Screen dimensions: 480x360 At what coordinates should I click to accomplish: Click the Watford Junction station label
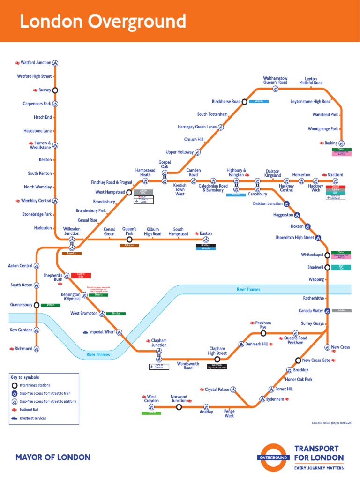36,62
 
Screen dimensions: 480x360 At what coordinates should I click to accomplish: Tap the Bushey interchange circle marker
55,90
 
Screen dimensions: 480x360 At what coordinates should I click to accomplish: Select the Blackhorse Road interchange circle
244,102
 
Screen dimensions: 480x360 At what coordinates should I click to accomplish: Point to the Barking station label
331,143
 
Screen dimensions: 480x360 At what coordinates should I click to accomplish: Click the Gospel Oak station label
165,165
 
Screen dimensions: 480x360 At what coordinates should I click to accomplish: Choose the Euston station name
206,233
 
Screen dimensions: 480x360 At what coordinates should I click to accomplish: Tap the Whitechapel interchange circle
327,255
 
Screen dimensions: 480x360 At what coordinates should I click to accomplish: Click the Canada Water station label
311,310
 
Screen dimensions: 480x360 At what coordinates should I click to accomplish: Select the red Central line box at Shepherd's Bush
81,275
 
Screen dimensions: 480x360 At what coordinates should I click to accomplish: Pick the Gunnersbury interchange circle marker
36,305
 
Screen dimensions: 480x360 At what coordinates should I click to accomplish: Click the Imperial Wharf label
102,332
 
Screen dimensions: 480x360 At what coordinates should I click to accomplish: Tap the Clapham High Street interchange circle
217,360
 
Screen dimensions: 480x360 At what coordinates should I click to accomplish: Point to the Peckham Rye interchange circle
263,333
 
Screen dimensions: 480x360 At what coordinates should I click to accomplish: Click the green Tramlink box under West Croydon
151,413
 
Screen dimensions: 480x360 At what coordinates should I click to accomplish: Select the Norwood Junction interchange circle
179,407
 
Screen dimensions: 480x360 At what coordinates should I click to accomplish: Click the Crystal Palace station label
217,390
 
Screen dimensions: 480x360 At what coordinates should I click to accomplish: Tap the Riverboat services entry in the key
33,418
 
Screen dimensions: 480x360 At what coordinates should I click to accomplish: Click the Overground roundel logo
273,457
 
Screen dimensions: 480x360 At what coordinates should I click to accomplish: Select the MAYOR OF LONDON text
53,457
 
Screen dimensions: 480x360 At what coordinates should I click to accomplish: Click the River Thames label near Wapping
248,289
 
